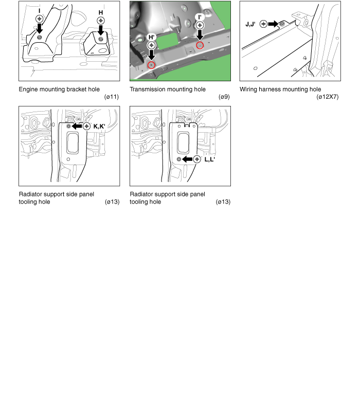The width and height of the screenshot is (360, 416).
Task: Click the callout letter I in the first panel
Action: [39, 11]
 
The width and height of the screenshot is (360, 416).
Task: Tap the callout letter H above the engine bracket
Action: [101, 12]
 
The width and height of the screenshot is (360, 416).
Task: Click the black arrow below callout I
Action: [39, 28]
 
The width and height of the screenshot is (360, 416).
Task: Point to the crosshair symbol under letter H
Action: [101, 21]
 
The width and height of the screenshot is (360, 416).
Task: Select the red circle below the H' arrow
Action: [151, 65]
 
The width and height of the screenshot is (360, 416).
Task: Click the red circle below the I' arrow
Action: [200, 45]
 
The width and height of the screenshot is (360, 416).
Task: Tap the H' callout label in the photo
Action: [152, 37]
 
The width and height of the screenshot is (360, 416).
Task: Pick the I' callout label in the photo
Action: [200, 17]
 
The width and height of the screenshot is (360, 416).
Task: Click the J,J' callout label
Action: [250, 24]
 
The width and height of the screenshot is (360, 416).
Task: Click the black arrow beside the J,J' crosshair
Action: [273, 24]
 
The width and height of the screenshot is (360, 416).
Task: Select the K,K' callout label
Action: [99, 126]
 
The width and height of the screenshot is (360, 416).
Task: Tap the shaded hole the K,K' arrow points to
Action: [69, 126]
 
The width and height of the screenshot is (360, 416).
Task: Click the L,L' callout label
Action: [210, 159]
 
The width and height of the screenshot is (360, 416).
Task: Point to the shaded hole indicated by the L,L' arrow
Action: [179, 159]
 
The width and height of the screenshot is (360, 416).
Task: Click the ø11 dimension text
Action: [112, 97]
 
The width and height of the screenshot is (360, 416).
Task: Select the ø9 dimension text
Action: [224, 97]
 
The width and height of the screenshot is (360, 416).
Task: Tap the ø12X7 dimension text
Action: [328, 97]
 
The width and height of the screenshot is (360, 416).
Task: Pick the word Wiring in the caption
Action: [248, 89]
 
